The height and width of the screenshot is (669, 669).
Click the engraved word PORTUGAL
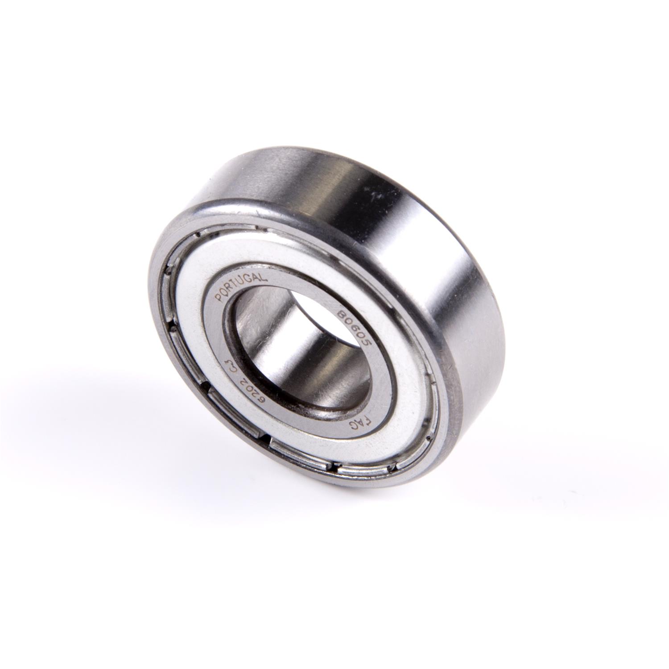coord(241,285)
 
